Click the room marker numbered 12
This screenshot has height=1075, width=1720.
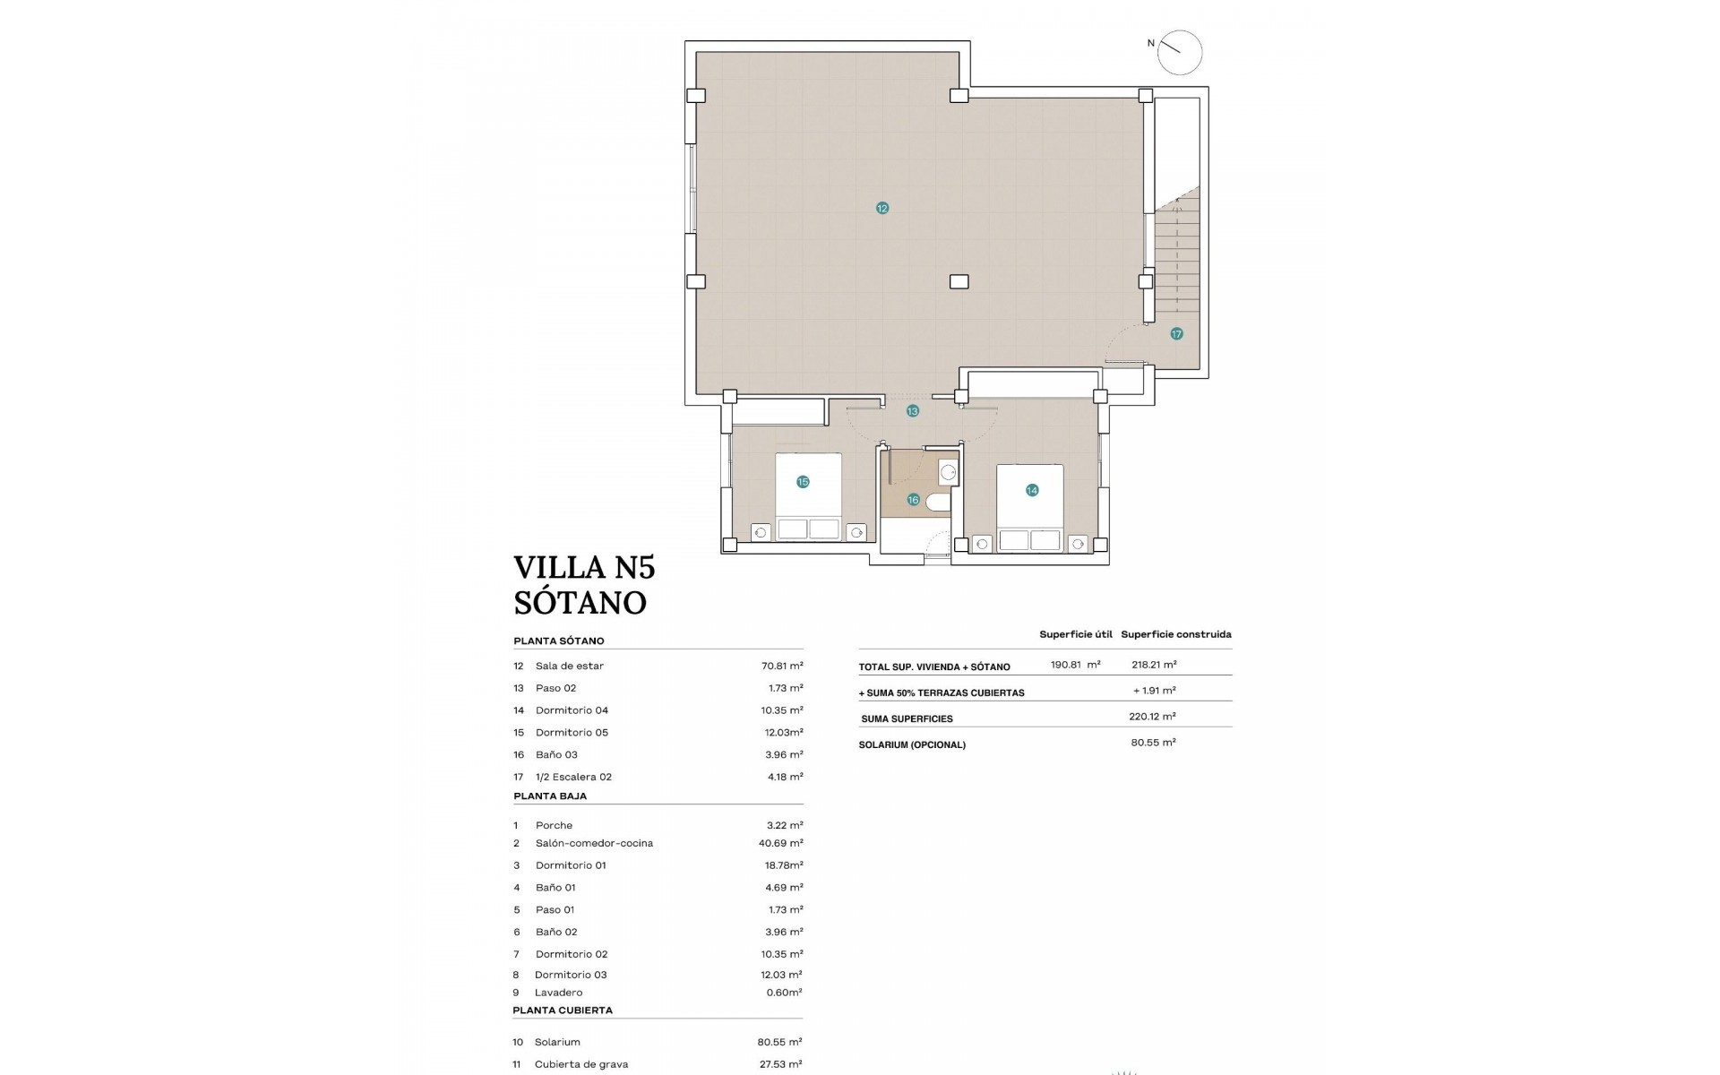click(x=882, y=208)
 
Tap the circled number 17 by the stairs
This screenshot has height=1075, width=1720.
click(x=1176, y=333)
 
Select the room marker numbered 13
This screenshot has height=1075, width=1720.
click(x=912, y=411)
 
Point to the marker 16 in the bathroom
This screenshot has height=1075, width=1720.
click(x=913, y=500)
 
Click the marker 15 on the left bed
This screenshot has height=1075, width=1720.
click(x=803, y=482)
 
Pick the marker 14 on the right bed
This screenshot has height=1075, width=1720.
click(x=1032, y=490)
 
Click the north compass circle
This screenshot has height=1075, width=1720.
click(x=1179, y=52)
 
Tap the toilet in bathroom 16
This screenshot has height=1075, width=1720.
click(x=938, y=502)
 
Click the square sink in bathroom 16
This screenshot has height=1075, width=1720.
click(x=948, y=472)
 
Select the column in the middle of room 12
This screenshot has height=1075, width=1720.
click(x=959, y=281)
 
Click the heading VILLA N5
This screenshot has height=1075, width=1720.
click(x=584, y=568)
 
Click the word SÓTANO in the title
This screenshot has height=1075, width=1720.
click(x=580, y=603)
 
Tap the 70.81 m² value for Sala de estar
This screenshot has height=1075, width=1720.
click(x=781, y=666)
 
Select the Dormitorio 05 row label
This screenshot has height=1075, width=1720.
click(x=572, y=732)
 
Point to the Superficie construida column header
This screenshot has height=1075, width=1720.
click(x=1175, y=634)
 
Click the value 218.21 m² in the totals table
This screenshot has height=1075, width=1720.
click(x=1154, y=665)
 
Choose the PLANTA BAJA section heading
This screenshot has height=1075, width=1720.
click(x=550, y=795)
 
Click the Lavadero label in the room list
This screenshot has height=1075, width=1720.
click(x=558, y=993)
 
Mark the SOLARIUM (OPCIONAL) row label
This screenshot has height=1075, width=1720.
click(x=911, y=744)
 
